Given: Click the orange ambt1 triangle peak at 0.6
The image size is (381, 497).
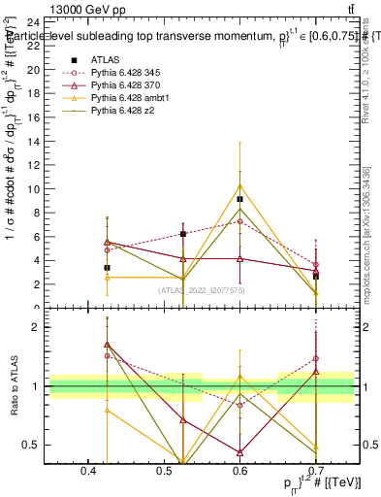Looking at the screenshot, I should (x=239, y=185).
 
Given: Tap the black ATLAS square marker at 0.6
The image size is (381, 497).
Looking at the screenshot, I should (x=239, y=199).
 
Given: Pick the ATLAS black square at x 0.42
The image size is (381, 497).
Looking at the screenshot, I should (x=107, y=268).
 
